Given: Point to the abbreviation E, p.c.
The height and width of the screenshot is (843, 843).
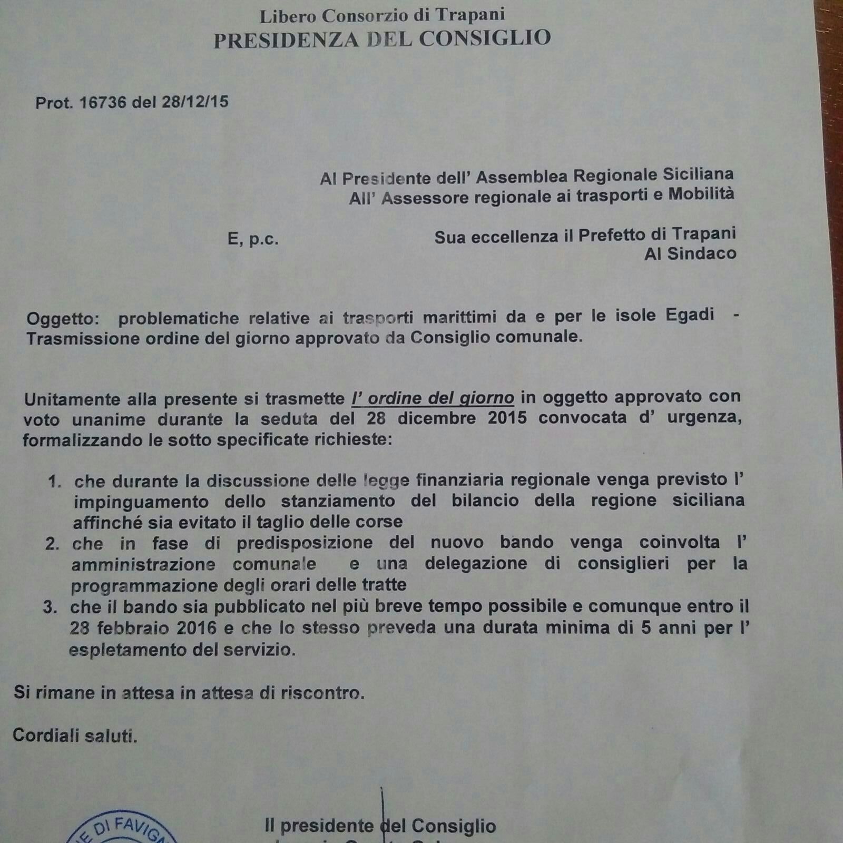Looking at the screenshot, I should click(253, 240).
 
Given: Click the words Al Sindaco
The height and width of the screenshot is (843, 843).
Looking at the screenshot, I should click(690, 254).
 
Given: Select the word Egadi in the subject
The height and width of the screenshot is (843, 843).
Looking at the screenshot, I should click(690, 315).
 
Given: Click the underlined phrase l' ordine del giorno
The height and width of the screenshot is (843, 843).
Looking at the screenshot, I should click(433, 398).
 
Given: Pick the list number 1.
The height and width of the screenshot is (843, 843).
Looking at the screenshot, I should click(55, 481).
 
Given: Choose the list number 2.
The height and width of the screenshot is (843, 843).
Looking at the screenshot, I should click(52, 543).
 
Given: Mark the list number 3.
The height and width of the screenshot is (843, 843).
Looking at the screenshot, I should click(51, 607).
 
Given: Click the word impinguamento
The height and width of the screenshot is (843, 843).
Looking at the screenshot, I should click(141, 501).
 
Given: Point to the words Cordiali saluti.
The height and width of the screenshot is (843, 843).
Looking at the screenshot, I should click(75, 736).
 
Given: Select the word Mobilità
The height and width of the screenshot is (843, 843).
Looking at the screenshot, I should click(701, 194).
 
